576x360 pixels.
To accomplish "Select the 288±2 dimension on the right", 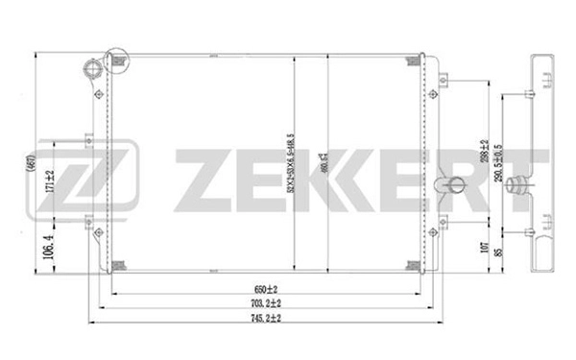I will click(485, 151).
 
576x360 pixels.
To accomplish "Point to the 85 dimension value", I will click(499, 256).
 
